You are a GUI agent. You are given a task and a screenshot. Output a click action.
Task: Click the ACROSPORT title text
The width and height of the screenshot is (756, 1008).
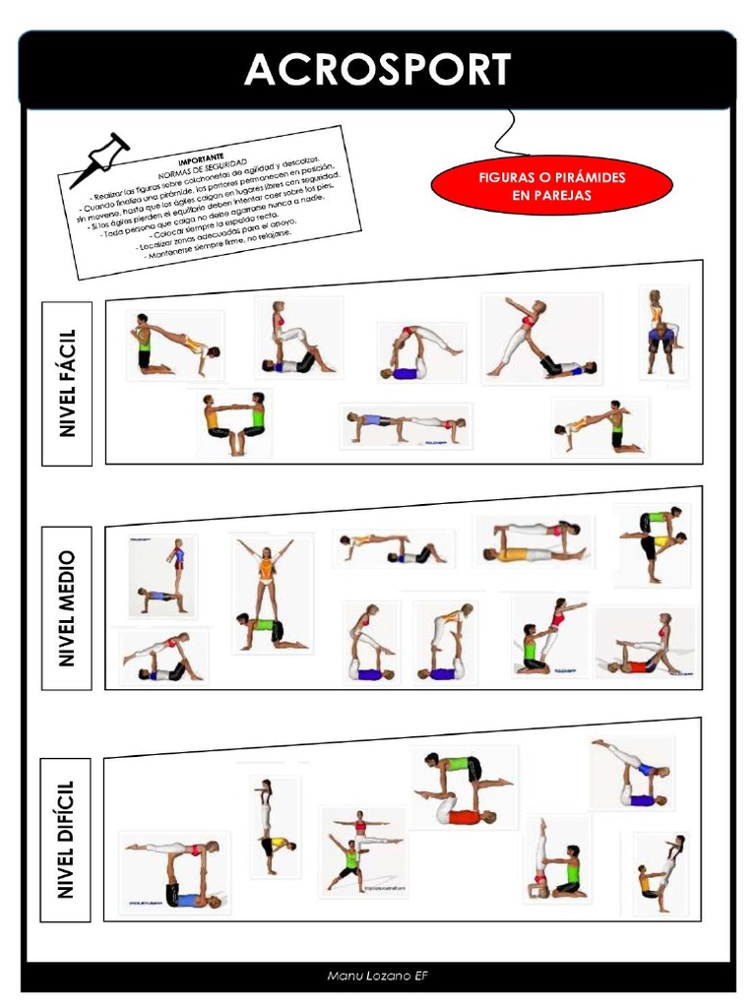(378, 70)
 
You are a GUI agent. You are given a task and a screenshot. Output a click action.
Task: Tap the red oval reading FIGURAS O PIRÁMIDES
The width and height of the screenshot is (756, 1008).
(551, 186)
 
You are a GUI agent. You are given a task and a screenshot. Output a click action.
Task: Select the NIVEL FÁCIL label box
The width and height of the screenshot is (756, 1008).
(67, 383)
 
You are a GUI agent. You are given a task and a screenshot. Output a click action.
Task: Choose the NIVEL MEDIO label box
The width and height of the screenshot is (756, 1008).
(67, 607)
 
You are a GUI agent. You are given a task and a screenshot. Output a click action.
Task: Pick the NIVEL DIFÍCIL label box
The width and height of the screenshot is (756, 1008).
(67, 838)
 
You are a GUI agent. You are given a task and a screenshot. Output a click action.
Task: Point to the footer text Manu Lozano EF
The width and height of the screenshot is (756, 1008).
(378, 976)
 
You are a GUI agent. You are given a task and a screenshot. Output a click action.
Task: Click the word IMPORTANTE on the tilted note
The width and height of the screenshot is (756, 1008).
(202, 157)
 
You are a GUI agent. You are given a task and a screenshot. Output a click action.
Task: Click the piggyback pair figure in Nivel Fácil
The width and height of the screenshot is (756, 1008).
(661, 332)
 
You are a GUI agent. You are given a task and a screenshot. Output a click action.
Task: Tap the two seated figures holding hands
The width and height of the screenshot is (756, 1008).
(234, 423)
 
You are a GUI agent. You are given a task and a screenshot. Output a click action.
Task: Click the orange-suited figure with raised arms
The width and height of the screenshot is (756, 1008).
(265, 591)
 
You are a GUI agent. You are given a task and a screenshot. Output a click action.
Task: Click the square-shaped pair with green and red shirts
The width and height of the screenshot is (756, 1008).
(463, 787)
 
